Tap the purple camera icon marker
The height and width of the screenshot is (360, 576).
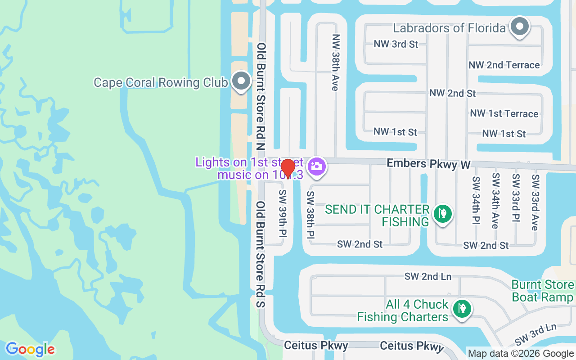click(x=316, y=166)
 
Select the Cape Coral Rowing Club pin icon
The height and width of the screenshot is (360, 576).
click(x=241, y=81)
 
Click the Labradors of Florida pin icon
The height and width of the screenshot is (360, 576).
click(x=520, y=27)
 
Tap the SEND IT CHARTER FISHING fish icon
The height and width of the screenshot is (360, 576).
click(x=443, y=213)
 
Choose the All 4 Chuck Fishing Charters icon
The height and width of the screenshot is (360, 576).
click(x=462, y=309)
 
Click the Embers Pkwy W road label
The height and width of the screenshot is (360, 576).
click(x=429, y=164)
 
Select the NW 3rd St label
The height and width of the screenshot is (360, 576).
click(x=396, y=44)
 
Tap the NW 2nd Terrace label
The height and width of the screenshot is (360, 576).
click(x=504, y=65)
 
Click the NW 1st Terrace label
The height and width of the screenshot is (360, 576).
click(x=504, y=113)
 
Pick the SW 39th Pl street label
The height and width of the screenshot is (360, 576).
click(x=283, y=213)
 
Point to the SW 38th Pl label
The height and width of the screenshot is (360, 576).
click(x=310, y=215)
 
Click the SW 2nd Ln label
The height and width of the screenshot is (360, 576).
click(x=427, y=276)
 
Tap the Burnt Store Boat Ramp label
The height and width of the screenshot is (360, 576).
click(x=543, y=291)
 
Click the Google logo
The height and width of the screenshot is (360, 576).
click(x=30, y=349)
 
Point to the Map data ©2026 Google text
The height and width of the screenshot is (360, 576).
click(x=521, y=354)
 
